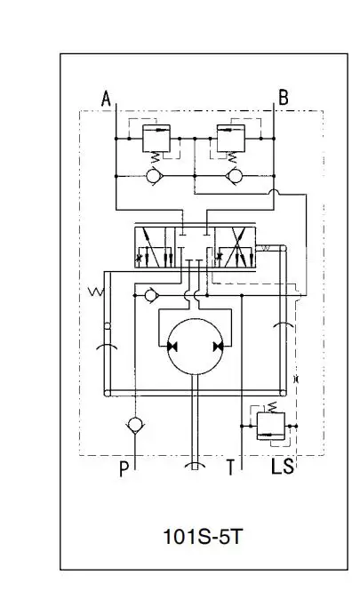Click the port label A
click(x=106, y=99)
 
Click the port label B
click(x=283, y=97)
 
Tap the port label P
click(x=124, y=469)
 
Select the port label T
click(x=230, y=467)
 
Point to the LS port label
click(x=282, y=467)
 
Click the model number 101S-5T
click(x=203, y=537)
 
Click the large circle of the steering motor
click(x=196, y=347)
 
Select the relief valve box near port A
click(x=156, y=139)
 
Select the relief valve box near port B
click(x=231, y=139)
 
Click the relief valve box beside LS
click(x=270, y=427)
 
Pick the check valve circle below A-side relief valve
click(x=154, y=176)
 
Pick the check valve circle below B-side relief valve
click(x=234, y=176)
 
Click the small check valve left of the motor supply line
click(x=151, y=295)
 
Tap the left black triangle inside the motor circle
click(x=172, y=347)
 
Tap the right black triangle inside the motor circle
click(x=219, y=347)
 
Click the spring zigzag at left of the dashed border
click(x=96, y=292)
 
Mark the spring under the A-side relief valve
click(x=156, y=157)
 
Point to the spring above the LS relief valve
click(x=272, y=407)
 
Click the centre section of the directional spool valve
click(x=195, y=247)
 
